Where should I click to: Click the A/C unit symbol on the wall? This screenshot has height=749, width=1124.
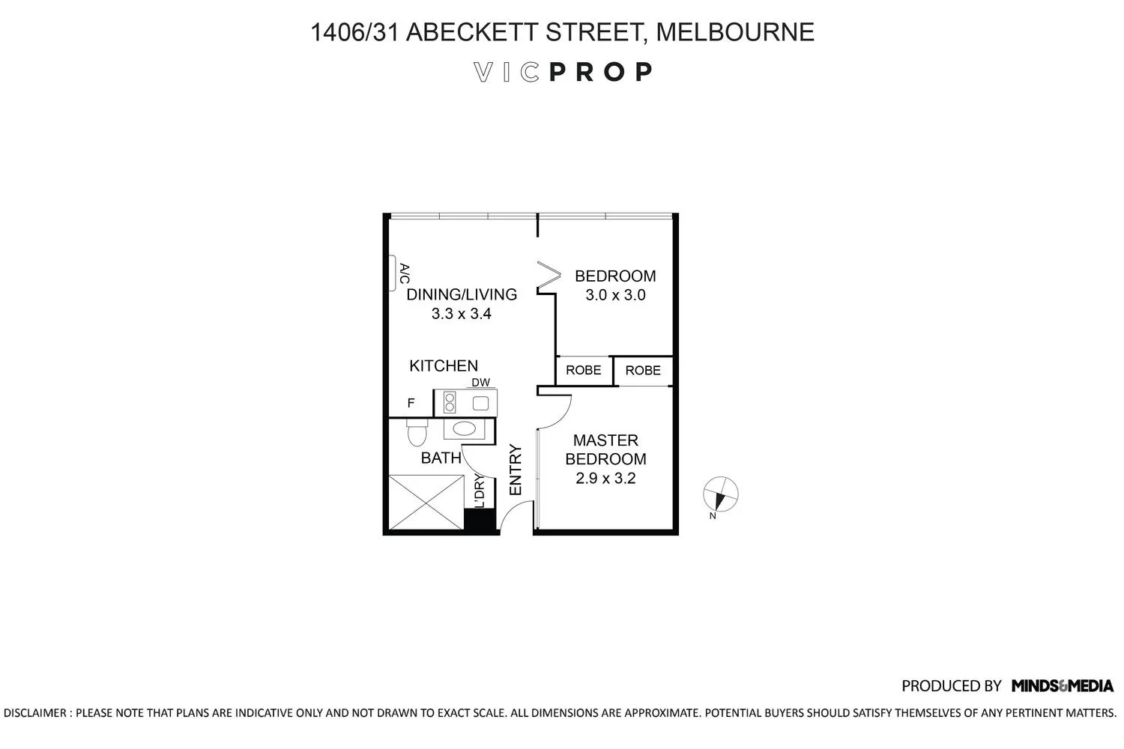[x=391, y=273]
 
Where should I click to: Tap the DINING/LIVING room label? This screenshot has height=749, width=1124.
[x=462, y=294]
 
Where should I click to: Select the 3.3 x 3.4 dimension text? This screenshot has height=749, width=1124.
[x=461, y=314]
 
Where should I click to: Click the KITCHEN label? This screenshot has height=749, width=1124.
[x=444, y=366]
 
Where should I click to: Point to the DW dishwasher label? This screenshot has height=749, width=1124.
[x=480, y=383]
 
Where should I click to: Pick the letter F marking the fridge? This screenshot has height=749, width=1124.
[x=411, y=403]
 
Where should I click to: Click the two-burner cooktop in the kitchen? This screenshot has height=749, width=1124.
[x=450, y=403]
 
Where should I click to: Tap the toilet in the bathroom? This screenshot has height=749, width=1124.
[x=417, y=433]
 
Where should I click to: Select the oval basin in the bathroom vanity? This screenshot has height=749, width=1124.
[x=465, y=429]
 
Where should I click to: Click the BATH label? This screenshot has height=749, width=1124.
[x=441, y=458]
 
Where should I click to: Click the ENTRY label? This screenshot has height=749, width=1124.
[x=516, y=470]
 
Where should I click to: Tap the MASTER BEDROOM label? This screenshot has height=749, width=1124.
[x=605, y=449]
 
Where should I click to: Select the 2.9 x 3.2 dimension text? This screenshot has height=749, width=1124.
[x=605, y=478]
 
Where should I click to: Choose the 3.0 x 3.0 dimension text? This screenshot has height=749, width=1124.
[x=615, y=295]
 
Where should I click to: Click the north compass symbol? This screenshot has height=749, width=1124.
[x=721, y=494]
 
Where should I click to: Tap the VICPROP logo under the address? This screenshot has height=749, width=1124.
[x=563, y=72]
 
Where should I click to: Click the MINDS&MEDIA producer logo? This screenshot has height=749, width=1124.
[x=1062, y=685]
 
